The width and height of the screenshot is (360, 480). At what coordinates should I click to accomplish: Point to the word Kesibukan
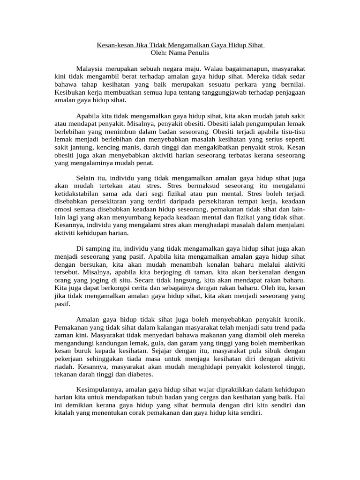pos(69,92)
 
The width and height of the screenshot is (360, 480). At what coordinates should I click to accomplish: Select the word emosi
pos(63,209)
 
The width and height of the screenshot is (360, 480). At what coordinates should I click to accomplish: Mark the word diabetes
pos(141,374)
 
